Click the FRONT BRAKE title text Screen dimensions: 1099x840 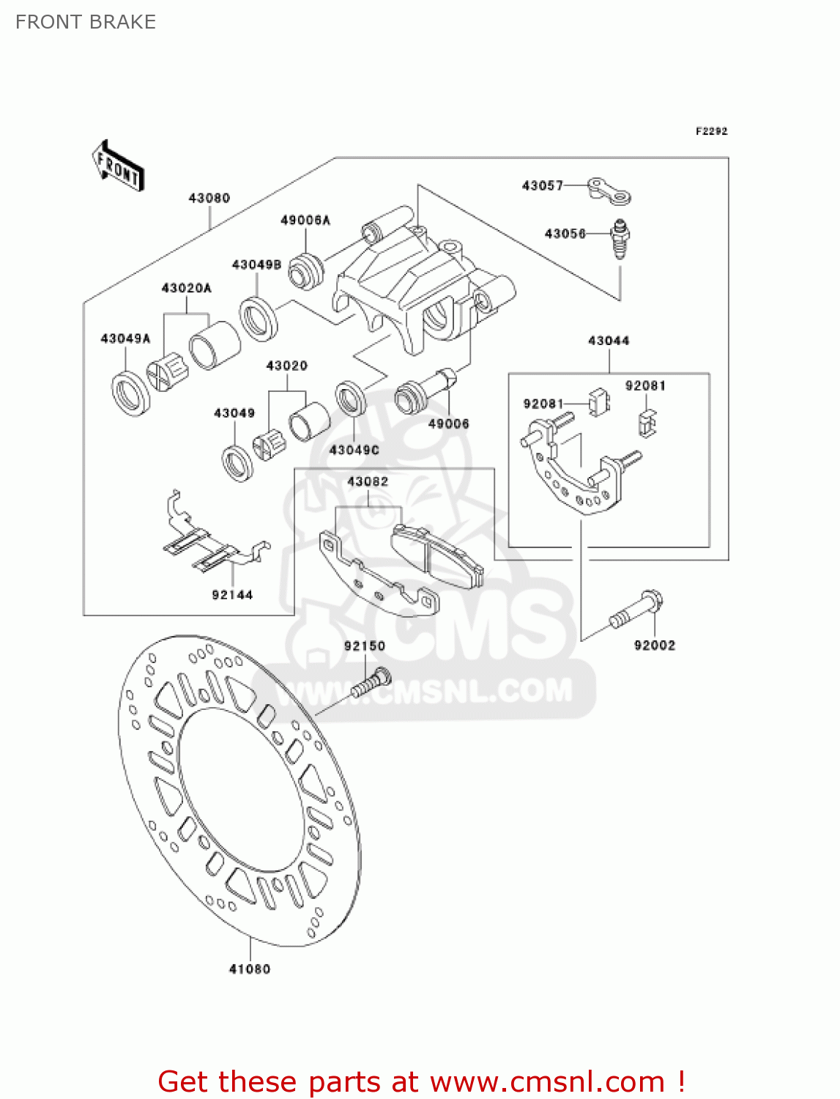tap(86, 22)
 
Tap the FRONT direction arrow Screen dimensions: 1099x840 tap(117, 166)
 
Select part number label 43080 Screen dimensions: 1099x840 tap(209, 198)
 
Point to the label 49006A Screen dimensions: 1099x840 tap(305, 220)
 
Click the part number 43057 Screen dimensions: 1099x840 tap(542, 185)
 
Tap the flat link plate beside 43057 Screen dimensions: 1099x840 tap(610, 190)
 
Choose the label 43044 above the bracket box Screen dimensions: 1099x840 tap(609, 341)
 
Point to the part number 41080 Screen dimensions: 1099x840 tap(250, 969)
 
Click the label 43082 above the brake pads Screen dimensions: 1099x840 tap(368, 481)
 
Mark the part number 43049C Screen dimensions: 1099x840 tap(354, 450)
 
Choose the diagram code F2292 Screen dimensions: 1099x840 tap(711, 131)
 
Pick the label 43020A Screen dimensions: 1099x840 tap(186, 288)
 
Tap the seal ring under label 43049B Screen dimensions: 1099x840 tap(259, 318)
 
